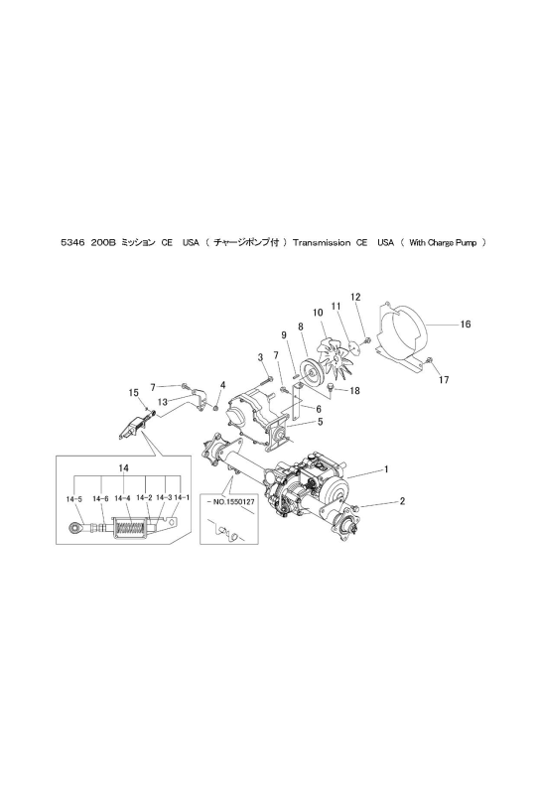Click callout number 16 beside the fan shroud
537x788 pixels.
[466, 325]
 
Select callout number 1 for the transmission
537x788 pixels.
[386, 469]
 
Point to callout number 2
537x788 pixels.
[402, 501]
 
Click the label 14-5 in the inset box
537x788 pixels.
[73, 498]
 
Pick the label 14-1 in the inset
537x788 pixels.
[182, 497]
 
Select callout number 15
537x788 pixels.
[133, 392]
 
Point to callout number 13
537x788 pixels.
[162, 402]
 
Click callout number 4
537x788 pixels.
[222, 385]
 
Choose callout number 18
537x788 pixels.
[354, 390]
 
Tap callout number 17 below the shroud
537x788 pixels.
[444, 380]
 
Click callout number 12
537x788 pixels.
[355, 297]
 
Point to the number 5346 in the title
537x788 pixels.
[70, 243]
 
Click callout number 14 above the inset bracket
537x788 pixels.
[124, 467]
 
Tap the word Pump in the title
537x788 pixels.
[467, 243]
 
